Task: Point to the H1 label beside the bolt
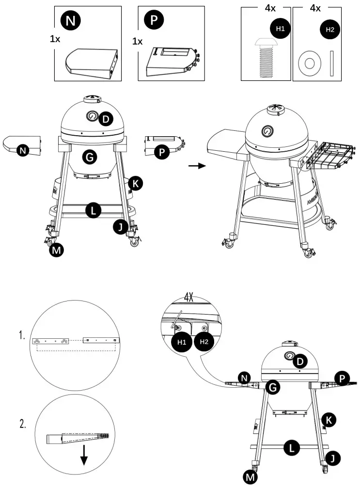click(280, 29)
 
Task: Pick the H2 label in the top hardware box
click(330, 29)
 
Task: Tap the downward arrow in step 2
click(84, 454)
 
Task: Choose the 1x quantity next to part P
click(138, 41)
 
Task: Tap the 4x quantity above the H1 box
click(270, 8)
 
